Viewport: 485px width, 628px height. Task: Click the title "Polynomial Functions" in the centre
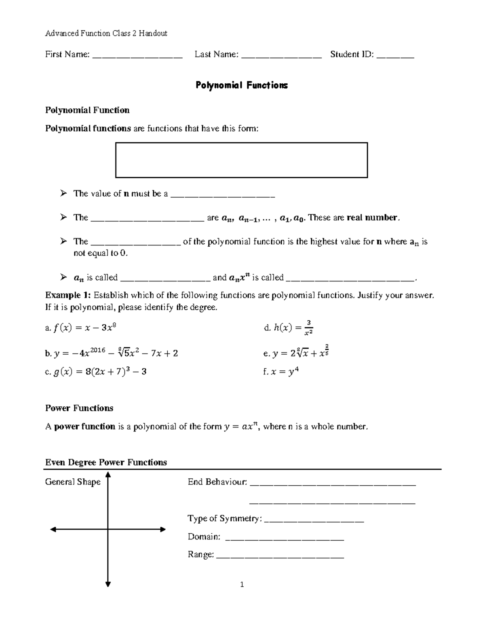(242, 85)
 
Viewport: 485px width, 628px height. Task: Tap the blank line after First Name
(137, 57)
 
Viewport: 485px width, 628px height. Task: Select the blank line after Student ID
(395, 57)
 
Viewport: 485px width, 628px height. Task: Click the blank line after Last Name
(281, 57)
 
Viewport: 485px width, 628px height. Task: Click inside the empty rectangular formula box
(241, 160)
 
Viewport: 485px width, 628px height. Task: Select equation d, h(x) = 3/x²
(288, 328)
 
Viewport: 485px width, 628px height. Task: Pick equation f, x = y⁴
(280, 372)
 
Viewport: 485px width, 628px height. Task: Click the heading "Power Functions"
(79, 408)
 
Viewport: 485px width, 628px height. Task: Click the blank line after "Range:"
(280, 558)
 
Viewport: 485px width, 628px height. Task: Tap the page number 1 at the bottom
(242, 584)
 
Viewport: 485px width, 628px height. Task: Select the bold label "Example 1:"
(69, 295)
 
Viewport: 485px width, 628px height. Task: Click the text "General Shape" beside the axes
(73, 482)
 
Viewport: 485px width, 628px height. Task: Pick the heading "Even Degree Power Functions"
(106, 462)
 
